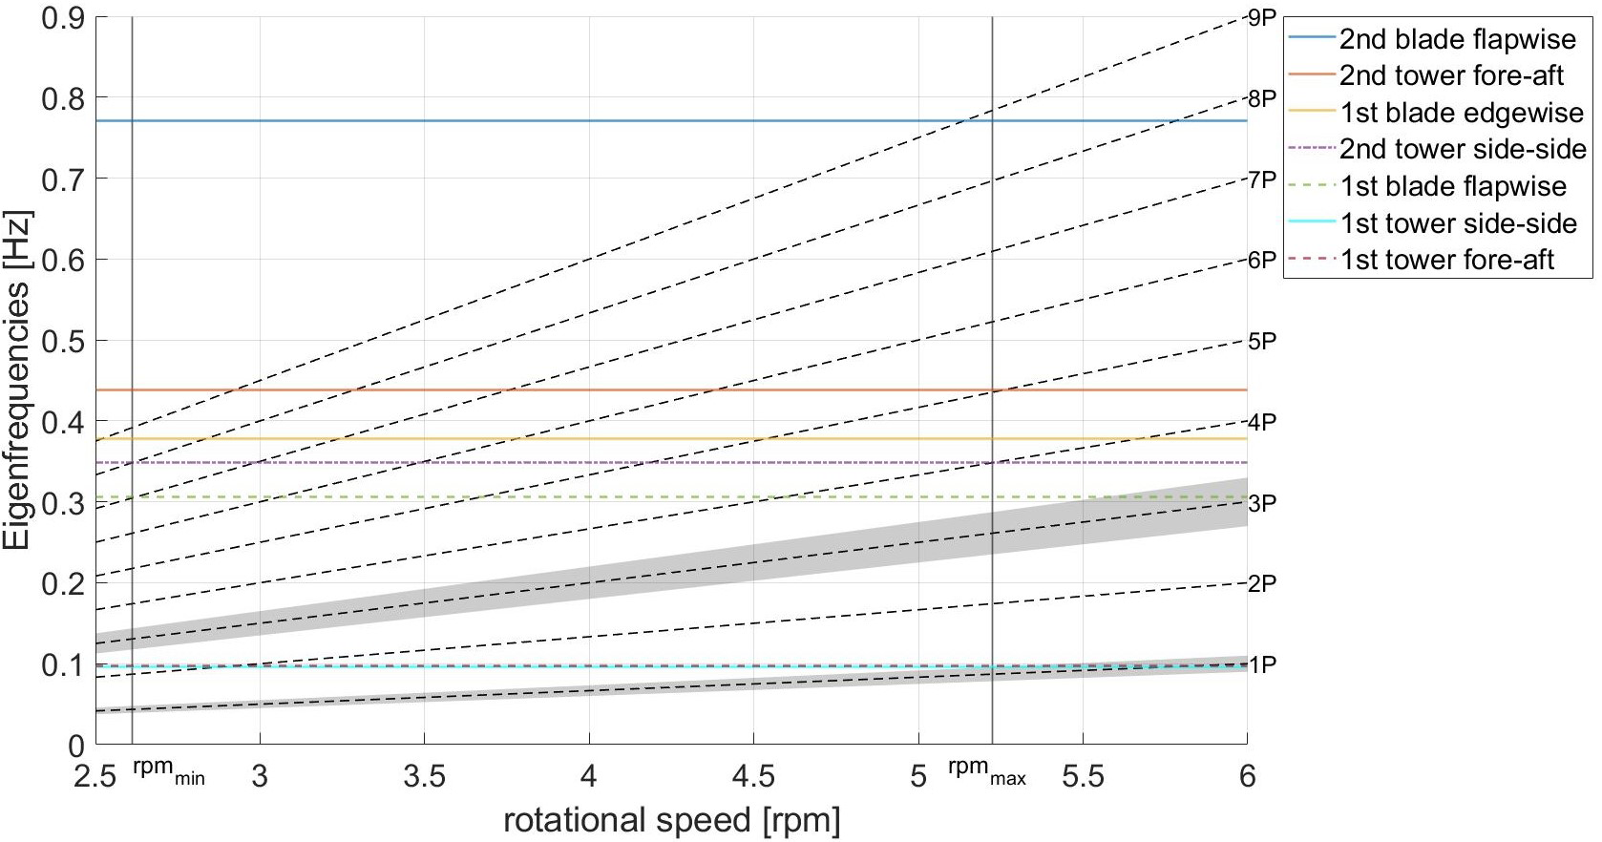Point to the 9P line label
1262,17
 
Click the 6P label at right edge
1262,260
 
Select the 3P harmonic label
1262,503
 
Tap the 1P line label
1262,665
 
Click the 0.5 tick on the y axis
62,341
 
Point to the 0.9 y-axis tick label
62,18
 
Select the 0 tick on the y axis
76,746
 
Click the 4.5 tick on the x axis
753,776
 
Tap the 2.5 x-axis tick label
95,776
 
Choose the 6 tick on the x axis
1247,776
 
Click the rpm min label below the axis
169,771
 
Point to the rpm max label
987,771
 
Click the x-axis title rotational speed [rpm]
672,820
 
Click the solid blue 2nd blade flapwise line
573,121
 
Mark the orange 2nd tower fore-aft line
573,389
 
